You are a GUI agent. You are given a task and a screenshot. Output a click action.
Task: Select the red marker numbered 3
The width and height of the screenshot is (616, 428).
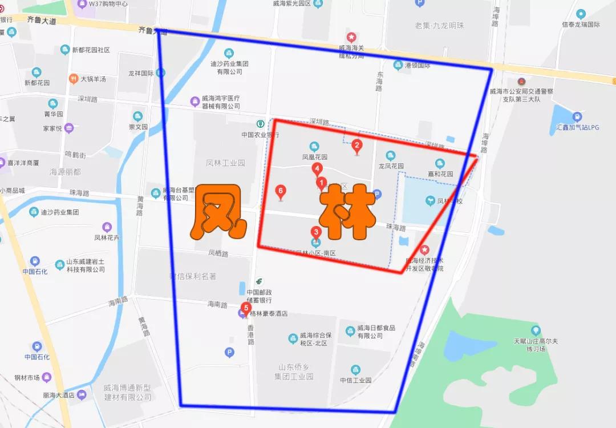(315, 232)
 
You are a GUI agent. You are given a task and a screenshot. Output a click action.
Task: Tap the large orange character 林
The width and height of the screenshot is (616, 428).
(346, 213)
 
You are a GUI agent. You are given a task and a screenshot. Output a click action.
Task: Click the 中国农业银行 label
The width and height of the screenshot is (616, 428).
(260, 135)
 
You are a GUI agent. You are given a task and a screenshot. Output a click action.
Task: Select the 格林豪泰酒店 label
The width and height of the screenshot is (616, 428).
(268, 314)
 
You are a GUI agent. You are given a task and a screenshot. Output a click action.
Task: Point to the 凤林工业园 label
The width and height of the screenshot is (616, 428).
(225, 163)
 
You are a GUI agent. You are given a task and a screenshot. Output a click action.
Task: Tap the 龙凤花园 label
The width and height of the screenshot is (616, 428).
(391, 166)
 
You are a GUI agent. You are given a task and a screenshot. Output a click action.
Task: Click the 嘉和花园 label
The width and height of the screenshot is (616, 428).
(440, 173)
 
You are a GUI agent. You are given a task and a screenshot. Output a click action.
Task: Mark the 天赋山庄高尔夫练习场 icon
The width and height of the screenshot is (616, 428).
(536, 330)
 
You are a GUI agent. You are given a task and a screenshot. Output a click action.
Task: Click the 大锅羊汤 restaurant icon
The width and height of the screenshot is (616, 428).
(73, 78)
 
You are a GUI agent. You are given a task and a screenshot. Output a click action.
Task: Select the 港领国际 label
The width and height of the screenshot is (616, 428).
(417, 66)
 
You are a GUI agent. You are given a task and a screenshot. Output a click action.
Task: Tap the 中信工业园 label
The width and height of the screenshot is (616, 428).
(355, 380)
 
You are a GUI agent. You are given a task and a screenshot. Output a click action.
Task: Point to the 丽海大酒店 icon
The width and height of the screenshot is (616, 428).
(82, 394)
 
